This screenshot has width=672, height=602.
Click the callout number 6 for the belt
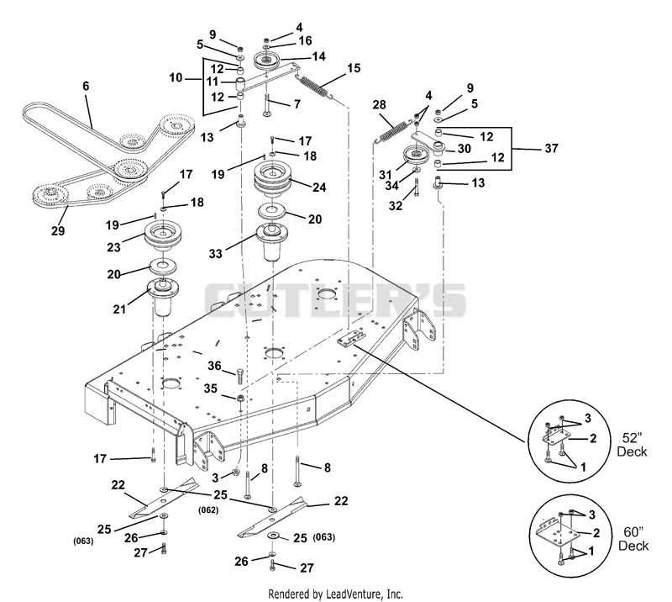pos(86,86)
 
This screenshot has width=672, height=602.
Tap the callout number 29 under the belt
pos(58,231)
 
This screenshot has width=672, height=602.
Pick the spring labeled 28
pos(391,131)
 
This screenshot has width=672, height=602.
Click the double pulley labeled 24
pos(271,179)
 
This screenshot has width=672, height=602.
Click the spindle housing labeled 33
pos(272,241)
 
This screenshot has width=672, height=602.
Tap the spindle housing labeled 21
pos(163,297)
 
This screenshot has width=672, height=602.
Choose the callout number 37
pos(552,148)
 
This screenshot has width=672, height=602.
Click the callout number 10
pos(176,77)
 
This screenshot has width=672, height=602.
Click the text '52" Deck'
pos(633,445)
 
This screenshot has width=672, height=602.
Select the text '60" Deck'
pos(633,539)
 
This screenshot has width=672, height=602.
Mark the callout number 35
pos(211,388)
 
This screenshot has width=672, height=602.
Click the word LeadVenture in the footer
pos(353,594)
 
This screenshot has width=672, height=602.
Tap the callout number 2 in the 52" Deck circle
pos(593,438)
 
